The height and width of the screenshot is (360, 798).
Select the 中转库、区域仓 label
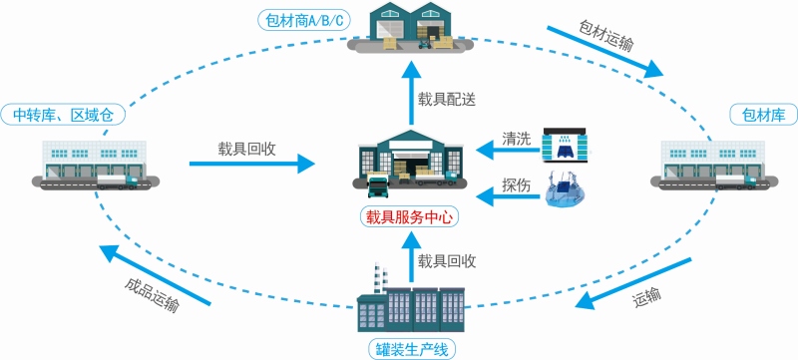pos(63,115)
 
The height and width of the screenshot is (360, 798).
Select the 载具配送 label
pos(447,98)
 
